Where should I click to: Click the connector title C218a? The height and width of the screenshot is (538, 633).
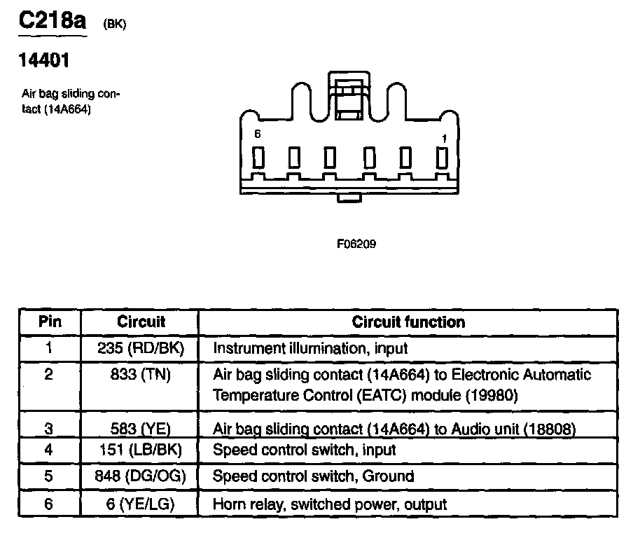coord(52,20)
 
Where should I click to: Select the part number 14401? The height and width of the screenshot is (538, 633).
coord(43,62)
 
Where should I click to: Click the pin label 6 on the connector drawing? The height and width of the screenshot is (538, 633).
coord(258,134)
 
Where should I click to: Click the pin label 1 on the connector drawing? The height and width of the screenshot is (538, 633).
coord(443,138)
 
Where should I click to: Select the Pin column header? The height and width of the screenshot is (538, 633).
coord(49,322)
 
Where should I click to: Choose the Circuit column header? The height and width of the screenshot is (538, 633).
coord(141,322)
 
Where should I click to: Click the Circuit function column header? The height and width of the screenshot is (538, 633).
coord(408,322)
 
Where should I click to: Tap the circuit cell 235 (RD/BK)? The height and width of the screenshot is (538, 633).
coord(141,347)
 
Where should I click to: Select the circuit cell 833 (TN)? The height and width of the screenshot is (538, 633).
coord(141,375)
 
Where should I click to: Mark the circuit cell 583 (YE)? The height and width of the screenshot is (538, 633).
coord(141,428)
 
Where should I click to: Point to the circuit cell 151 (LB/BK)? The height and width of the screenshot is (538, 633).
coord(141,450)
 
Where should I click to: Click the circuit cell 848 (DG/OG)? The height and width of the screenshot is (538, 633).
coord(141,476)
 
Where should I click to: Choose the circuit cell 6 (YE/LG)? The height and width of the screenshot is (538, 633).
coord(141,504)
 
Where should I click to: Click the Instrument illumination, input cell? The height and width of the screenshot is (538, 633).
coord(310,347)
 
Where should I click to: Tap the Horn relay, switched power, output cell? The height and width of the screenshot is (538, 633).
coord(330,504)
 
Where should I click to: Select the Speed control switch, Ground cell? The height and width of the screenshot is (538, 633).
coord(313,476)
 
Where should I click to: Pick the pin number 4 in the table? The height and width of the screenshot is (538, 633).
coord(49,450)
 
